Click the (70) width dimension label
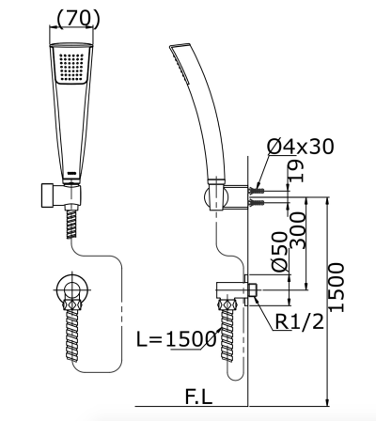point(80,19)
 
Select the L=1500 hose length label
point(178,340)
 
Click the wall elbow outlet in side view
point(230,288)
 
